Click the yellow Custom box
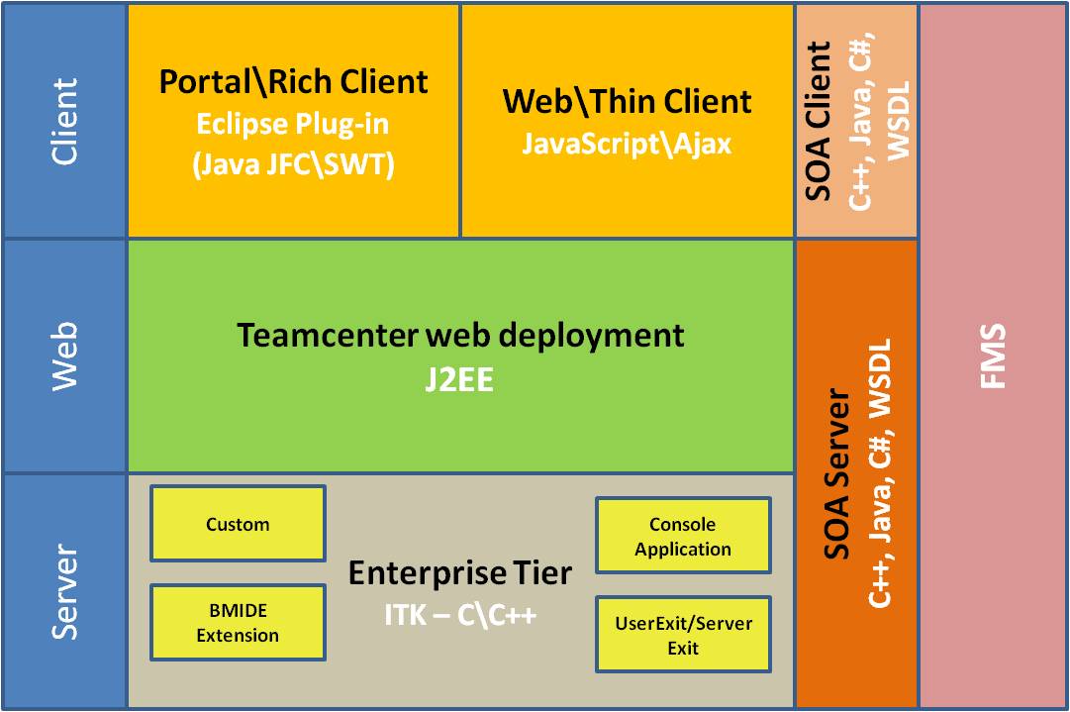(238, 524)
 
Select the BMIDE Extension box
(238, 623)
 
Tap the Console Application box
(683, 536)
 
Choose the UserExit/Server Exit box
(683, 635)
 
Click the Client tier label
(64, 121)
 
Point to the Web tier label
(64, 356)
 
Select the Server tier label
(64, 591)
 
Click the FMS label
(993, 356)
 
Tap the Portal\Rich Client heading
(294, 81)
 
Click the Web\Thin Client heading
(627, 101)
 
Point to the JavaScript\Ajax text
(627, 144)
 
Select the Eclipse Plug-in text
(293, 124)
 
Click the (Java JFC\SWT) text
(293, 163)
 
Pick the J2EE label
(460, 379)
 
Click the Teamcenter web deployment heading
(460, 335)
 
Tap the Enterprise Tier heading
(460, 572)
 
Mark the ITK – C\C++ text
(460, 615)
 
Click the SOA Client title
(819, 121)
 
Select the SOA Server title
(837, 474)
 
